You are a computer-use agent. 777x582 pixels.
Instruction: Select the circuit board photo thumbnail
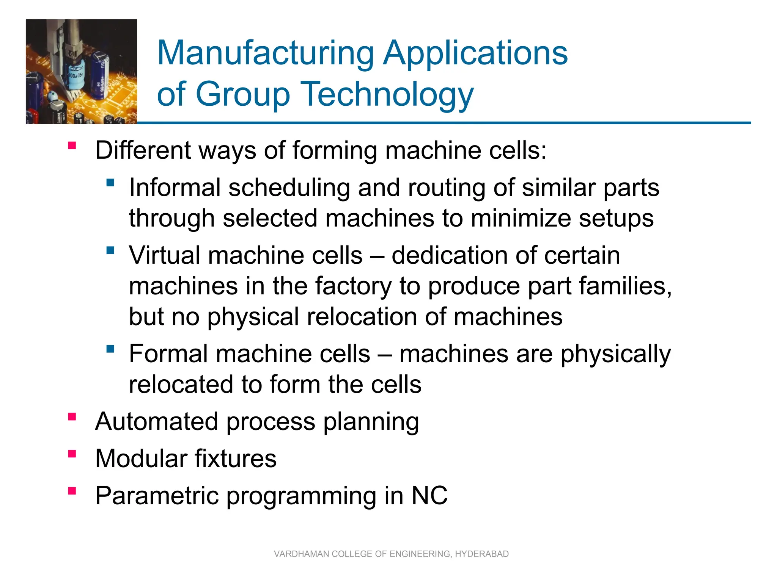pos(81,72)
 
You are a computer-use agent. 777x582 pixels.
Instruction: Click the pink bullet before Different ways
pos(72,145)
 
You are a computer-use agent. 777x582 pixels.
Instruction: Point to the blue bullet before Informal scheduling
pos(110,183)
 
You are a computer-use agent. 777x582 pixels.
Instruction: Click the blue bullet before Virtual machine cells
pos(110,250)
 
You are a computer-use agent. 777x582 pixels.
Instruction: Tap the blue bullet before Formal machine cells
pos(110,349)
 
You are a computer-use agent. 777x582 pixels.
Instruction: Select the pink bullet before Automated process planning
pos(72,417)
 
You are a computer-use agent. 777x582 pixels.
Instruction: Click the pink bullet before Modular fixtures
pos(72,454)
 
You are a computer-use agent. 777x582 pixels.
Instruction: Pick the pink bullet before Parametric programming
pos(72,491)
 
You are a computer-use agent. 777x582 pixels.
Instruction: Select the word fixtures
pos(236,458)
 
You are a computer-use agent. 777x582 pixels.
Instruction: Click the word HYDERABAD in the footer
pos(481,554)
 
